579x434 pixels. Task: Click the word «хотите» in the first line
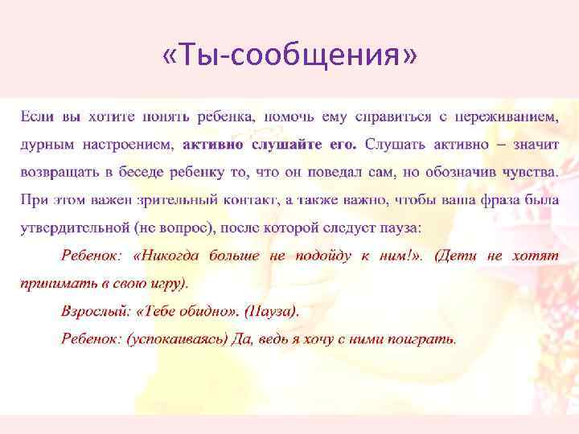coord(112,117)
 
